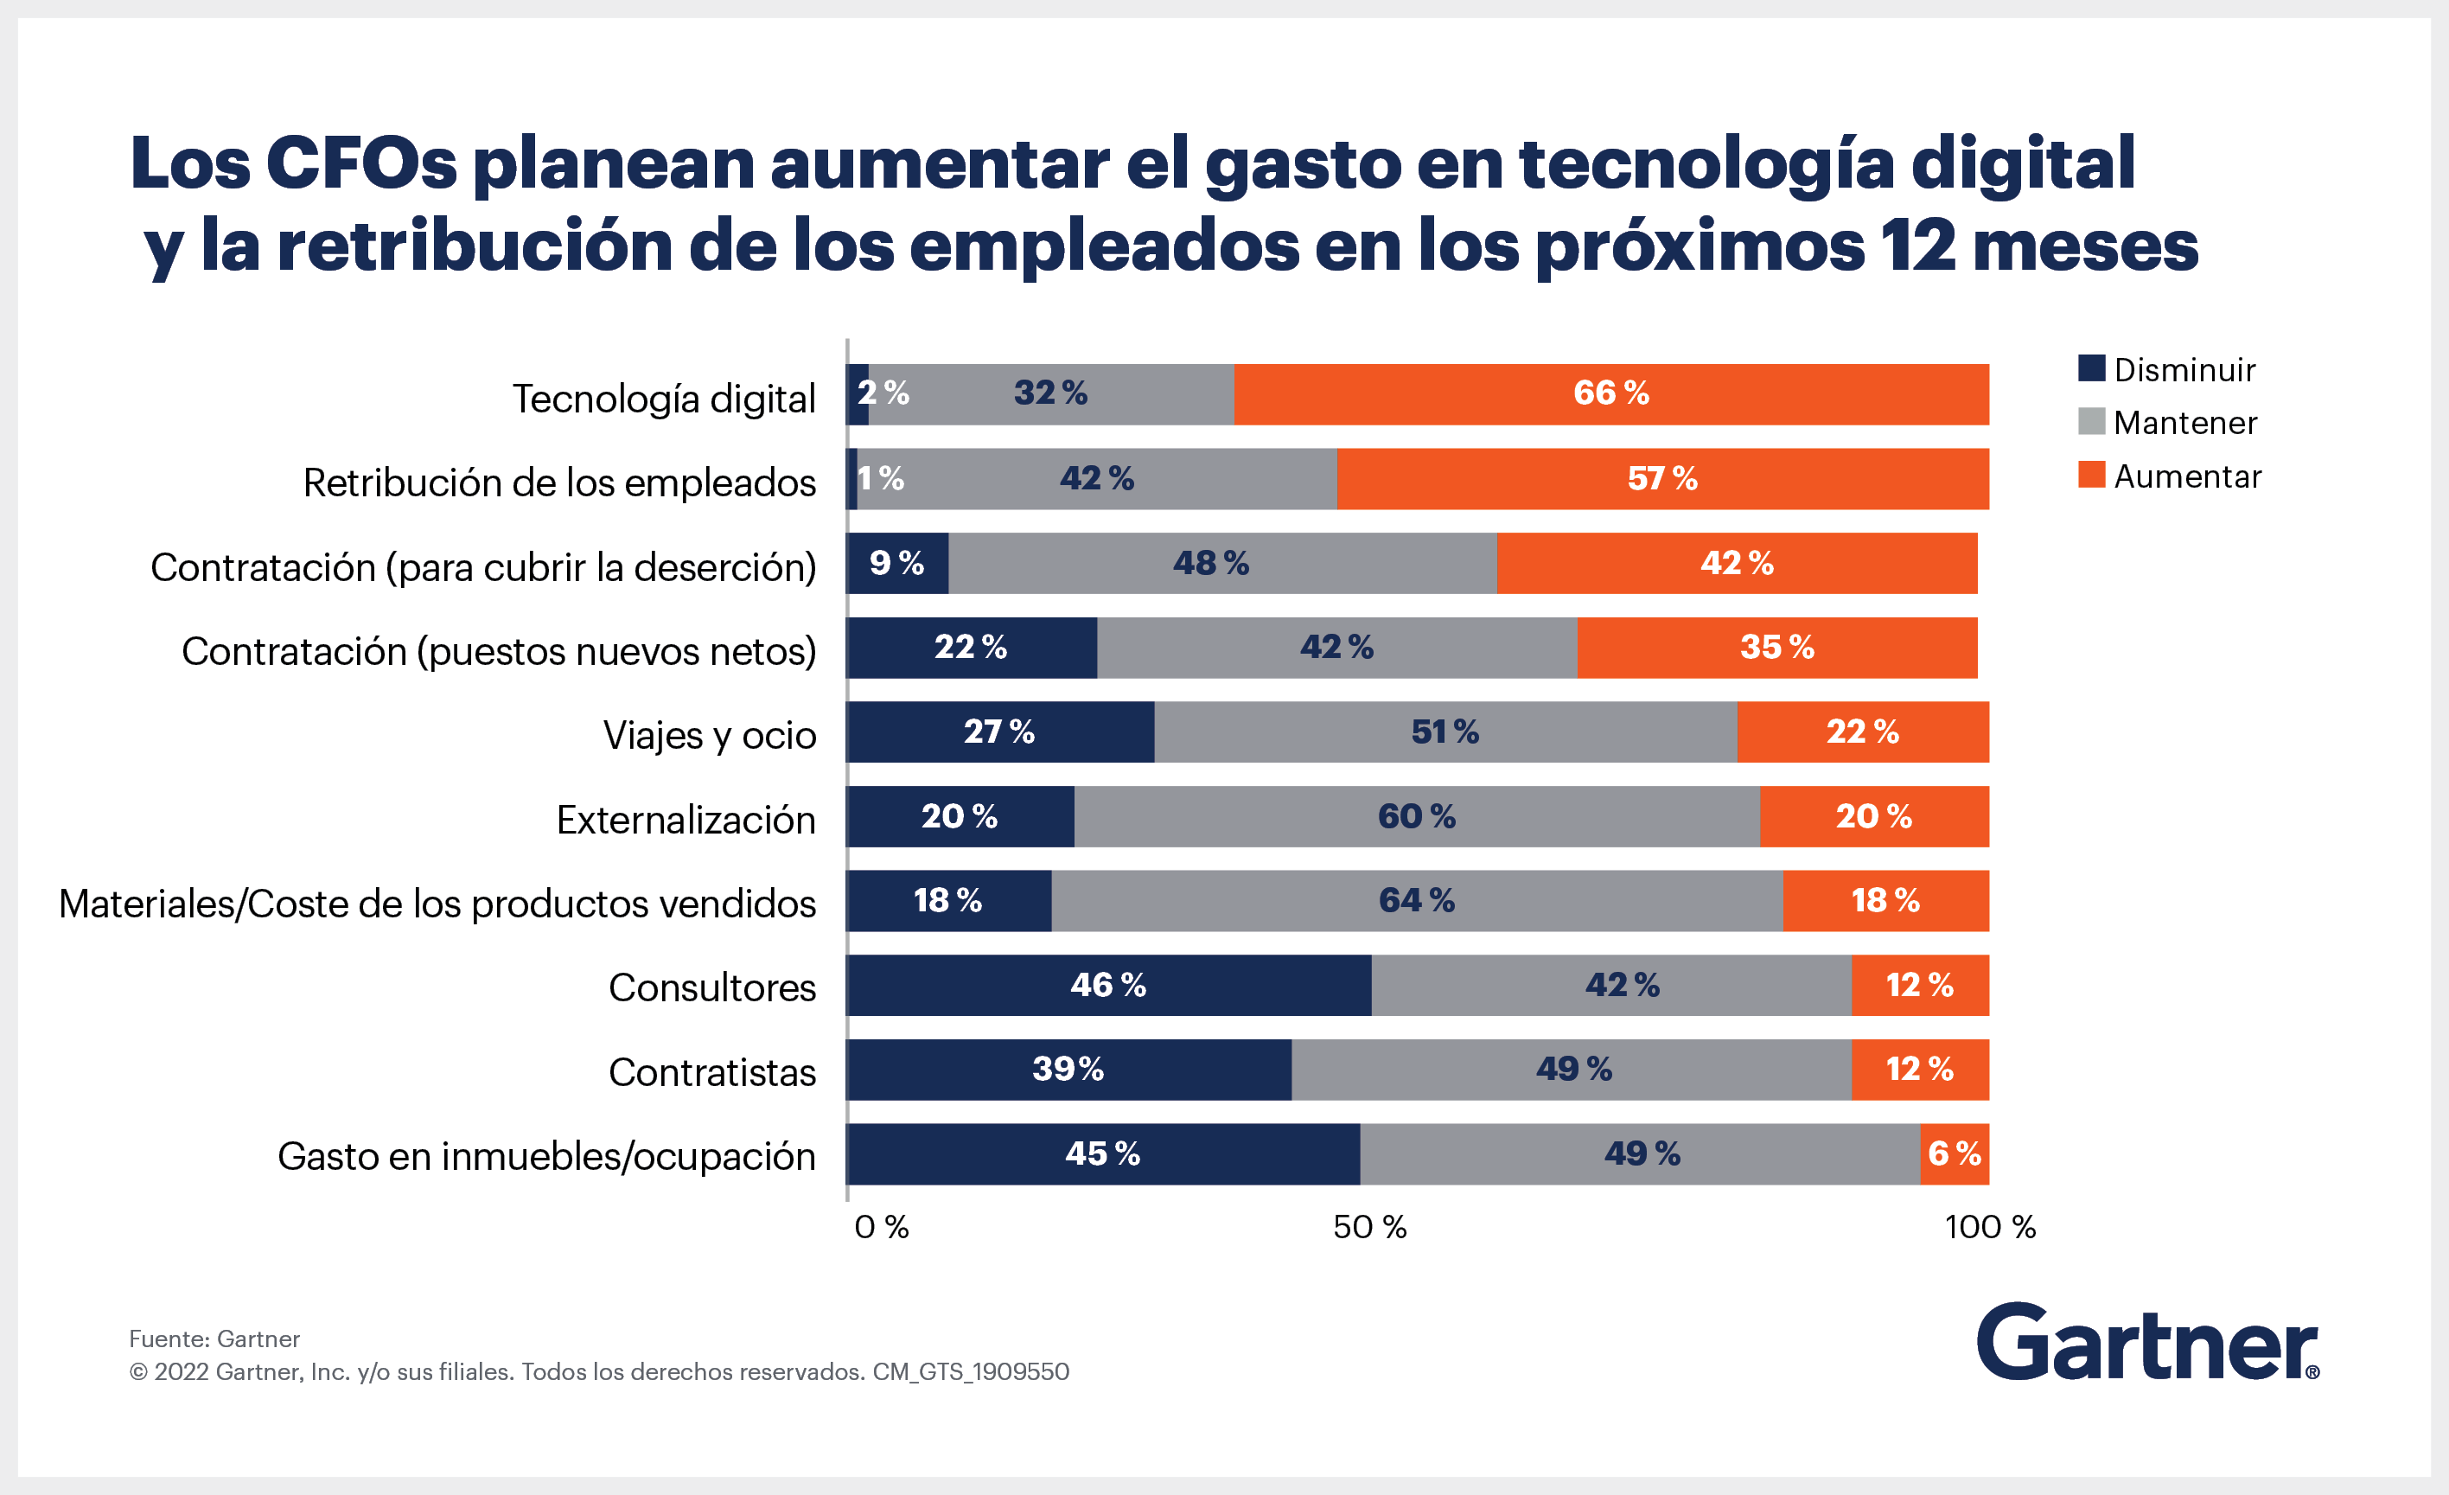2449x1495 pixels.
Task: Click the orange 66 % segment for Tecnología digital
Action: point(1610,393)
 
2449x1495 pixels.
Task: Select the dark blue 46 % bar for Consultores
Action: point(1107,985)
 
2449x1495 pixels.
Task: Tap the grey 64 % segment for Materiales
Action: point(1416,901)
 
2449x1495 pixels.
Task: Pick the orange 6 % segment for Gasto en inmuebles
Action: point(1954,1154)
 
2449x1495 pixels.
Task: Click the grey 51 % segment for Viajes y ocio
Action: point(1445,732)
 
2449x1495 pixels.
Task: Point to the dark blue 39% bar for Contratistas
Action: point(1068,1070)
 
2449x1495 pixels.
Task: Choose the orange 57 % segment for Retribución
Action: point(1661,478)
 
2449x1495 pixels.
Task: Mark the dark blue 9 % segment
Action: point(896,563)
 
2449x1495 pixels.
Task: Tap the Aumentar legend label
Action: point(2186,476)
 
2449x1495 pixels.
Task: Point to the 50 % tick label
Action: point(1368,1227)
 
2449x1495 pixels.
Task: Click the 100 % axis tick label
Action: point(1990,1227)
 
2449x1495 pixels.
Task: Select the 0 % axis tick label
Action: point(882,1227)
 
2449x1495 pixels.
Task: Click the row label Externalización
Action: point(686,820)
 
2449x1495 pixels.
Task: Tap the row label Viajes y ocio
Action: point(710,736)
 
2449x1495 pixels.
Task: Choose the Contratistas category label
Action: point(711,1072)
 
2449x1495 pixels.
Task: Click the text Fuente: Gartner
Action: point(214,1339)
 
